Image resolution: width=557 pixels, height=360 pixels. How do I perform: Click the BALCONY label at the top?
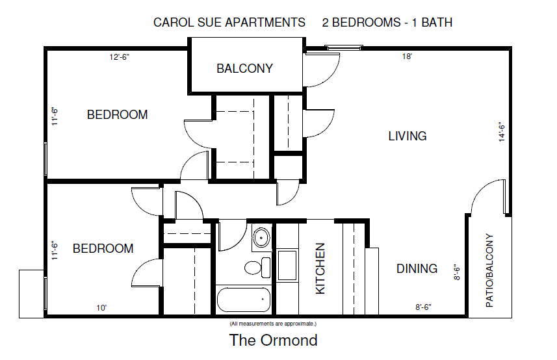(x=244, y=68)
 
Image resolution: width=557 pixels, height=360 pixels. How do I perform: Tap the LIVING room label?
(x=408, y=136)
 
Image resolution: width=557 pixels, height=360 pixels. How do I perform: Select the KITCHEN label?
(x=320, y=268)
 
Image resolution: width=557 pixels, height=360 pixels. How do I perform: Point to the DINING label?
(x=417, y=268)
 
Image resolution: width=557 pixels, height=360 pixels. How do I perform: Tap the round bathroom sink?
(x=261, y=237)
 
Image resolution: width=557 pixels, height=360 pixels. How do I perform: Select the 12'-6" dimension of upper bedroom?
(x=120, y=57)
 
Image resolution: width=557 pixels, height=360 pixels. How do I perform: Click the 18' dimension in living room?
(x=408, y=57)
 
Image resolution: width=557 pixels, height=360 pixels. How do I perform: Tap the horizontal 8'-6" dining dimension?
(x=423, y=307)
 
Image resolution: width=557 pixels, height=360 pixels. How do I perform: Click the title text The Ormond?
(x=274, y=340)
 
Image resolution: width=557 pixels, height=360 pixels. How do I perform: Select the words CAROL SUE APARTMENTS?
(x=229, y=22)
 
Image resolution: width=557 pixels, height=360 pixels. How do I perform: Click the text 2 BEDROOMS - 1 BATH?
(x=387, y=22)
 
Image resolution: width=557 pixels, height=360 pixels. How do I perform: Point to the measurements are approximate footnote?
(x=272, y=323)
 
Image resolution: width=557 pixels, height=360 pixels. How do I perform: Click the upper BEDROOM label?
(x=118, y=115)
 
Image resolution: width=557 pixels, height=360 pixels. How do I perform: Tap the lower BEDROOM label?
(x=103, y=249)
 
